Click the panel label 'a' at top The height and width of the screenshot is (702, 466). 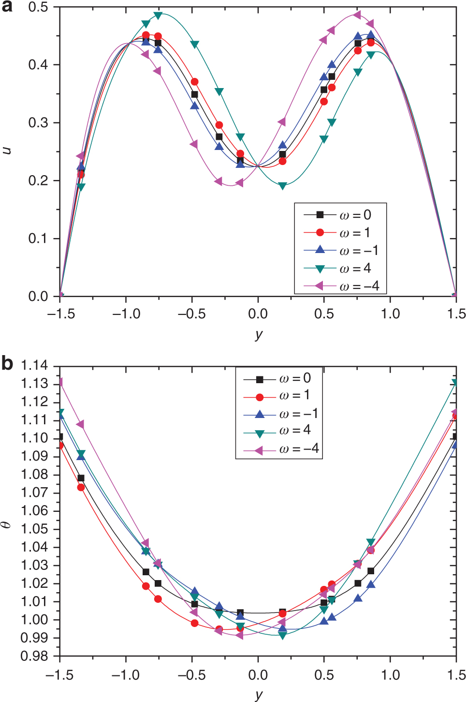[7, 7]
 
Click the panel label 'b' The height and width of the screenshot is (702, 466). [7, 363]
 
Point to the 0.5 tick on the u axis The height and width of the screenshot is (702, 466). [38, 7]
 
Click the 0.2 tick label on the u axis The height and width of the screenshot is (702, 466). [38, 180]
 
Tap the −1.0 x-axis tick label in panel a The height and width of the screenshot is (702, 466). [126, 314]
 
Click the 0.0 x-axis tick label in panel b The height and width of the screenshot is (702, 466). [258, 675]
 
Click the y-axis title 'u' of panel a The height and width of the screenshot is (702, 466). [7, 150]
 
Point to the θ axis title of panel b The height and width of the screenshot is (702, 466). [6, 524]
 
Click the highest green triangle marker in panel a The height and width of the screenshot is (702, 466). [158, 15]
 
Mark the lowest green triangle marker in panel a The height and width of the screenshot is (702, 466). [283, 186]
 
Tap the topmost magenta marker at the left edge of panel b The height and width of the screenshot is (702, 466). [60, 383]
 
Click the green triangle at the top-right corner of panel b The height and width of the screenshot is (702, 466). [455, 383]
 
